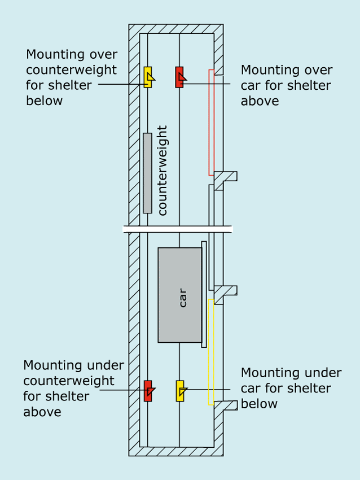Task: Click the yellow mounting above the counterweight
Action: [x=148, y=77]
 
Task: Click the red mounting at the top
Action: [x=179, y=77]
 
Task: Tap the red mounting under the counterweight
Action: [x=148, y=391]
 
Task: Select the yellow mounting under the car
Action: [x=180, y=391]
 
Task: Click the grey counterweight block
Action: [x=147, y=173]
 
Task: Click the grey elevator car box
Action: [x=179, y=295]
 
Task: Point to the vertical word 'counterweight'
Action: [x=163, y=171]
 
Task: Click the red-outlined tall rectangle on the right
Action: [x=212, y=122]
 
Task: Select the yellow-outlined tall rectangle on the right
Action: [x=211, y=352]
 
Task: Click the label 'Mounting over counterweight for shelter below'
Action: [x=72, y=77]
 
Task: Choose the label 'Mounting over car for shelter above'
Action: [x=286, y=85]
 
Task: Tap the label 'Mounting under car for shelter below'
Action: [x=291, y=388]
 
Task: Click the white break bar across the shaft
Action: [x=178, y=229]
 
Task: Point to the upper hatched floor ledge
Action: [x=226, y=177]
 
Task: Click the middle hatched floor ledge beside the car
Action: [x=226, y=291]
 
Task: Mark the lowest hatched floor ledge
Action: [x=226, y=405]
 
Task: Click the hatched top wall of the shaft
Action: [x=176, y=29]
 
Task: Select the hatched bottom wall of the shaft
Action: [x=176, y=451]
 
